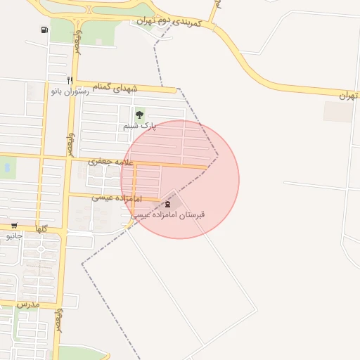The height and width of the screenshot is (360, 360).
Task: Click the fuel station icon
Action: [45, 30]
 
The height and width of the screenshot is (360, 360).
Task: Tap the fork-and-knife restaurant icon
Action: [69, 80]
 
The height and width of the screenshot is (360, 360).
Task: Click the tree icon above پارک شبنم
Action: [139, 115]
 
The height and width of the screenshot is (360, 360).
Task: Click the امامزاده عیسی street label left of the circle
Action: [117, 198]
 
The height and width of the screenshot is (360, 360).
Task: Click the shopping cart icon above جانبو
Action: [14, 226]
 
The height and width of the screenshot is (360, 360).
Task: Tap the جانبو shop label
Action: [14, 236]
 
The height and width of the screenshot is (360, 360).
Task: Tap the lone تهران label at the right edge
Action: [347, 94]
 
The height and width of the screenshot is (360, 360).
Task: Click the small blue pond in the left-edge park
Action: [6, 168]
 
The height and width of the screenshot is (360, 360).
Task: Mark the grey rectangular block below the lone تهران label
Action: [338, 111]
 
